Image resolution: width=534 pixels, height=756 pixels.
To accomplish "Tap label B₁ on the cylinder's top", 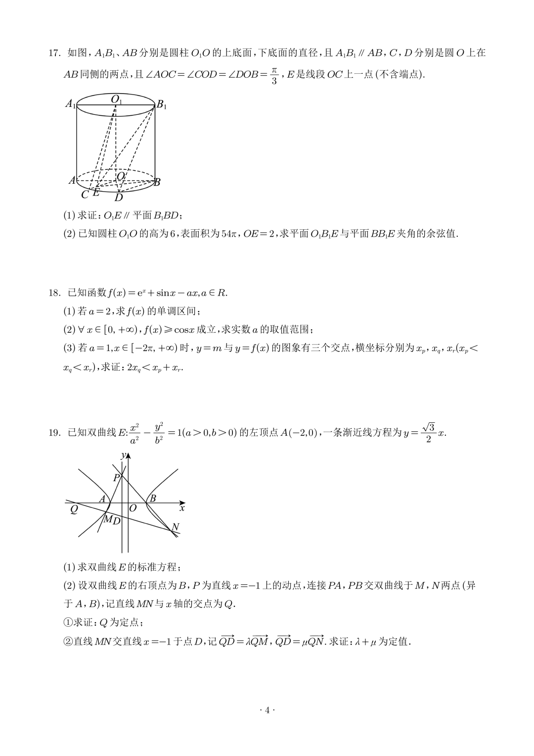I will [x=162, y=105].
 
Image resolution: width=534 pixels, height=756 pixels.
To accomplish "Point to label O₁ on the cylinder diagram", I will [x=116, y=100].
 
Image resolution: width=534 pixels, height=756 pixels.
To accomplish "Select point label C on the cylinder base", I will [x=85, y=195].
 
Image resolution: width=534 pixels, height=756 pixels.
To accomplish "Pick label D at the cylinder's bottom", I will [x=119, y=198].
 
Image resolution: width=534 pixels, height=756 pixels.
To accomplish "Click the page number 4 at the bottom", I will [x=267, y=710].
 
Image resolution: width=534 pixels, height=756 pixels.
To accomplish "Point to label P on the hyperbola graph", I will [x=116, y=478].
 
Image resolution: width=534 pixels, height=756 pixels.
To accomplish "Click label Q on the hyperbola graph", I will [x=74, y=509].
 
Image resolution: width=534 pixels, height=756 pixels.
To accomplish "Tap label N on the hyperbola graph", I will [x=175, y=527].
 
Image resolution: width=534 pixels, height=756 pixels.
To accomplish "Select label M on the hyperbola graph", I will [x=107, y=519].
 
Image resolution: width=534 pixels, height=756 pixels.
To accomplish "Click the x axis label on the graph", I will [x=182, y=508].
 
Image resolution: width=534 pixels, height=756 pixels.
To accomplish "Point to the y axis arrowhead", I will [x=128, y=456].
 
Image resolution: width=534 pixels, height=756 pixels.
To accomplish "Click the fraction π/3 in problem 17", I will [x=274, y=75].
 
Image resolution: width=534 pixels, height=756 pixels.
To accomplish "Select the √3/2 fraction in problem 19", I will [x=428, y=433].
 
